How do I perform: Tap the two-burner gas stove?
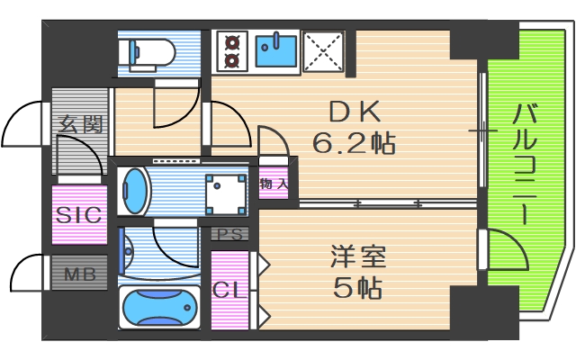click(231, 51)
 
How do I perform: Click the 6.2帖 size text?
click(355, 141)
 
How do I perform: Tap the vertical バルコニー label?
click(526, 166)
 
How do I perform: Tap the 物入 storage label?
click(274, 184)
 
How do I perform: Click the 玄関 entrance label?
click(79, 124)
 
